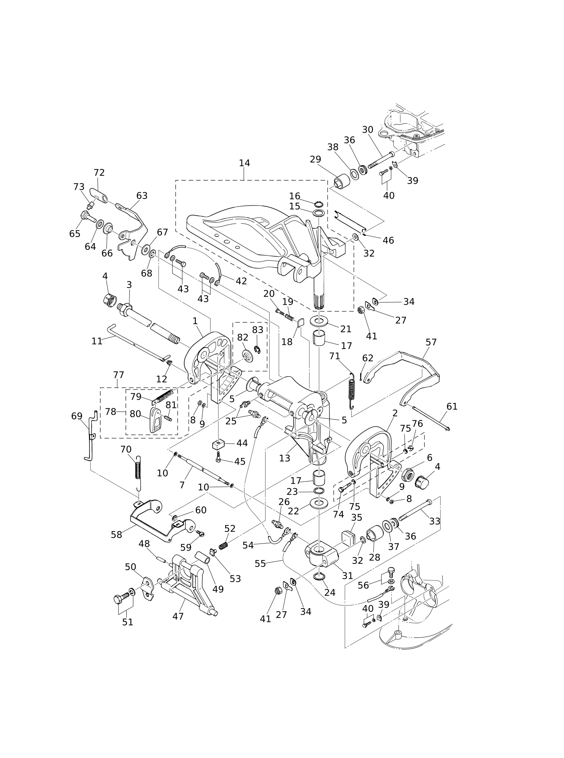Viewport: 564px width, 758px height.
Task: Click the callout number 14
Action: point(244,163)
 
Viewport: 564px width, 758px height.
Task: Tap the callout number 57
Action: point(431,342)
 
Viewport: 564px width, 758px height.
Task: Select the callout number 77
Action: point(118,375)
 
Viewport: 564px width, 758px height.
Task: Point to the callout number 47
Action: point(178,616)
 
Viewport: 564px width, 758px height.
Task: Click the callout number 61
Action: point(452,406)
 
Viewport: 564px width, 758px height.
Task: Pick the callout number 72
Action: point(99,172)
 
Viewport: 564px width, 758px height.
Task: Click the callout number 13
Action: point(285,458)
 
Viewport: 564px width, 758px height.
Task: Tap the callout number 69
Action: point(77,416)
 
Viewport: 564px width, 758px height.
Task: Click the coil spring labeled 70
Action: point(138,473)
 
